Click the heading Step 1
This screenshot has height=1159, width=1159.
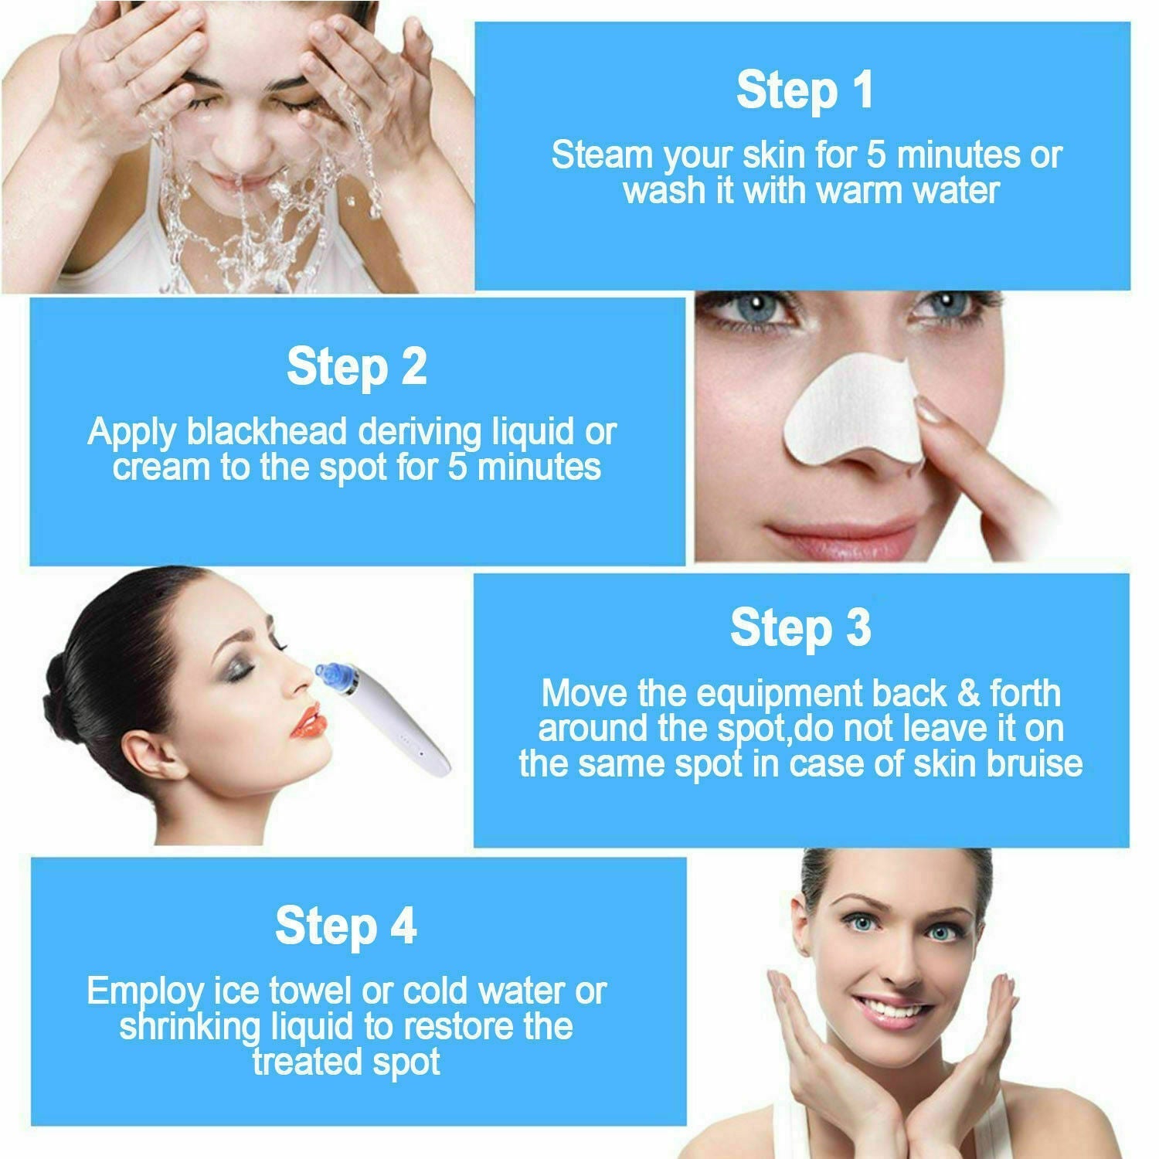coord(804,90)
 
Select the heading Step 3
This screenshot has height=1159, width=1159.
coord(800,627)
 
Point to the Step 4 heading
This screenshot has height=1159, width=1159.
coord(345,926)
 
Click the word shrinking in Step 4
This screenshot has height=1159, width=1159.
coord(190,1027)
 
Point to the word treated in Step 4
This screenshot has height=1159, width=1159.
coord(297,1062)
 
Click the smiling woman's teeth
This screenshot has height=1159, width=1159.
coord(895,1008)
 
